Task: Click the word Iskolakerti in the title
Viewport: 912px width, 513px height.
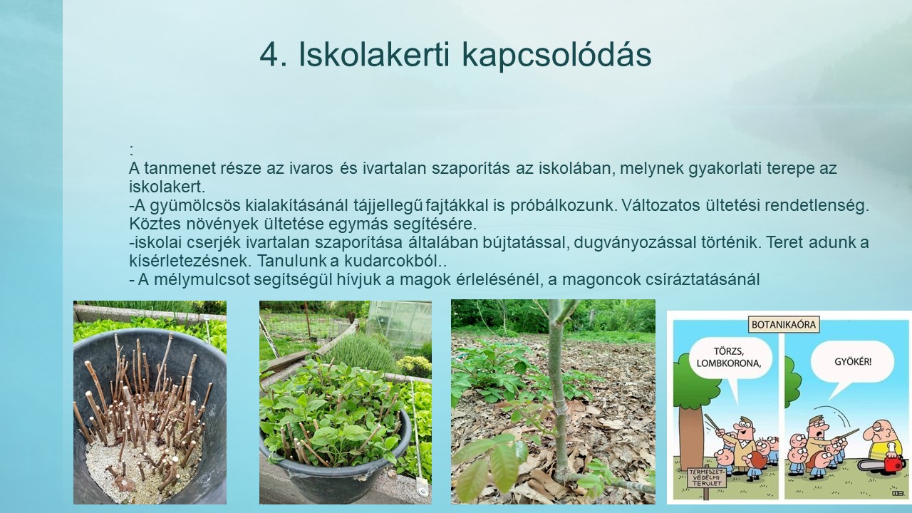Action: [374, 54]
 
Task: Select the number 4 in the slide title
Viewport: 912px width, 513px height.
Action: [269, 55]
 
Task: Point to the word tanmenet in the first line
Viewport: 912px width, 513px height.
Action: [180, 168]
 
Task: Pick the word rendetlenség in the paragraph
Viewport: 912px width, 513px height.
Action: [817, 206]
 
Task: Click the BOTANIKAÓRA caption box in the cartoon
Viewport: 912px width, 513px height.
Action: [784, 325]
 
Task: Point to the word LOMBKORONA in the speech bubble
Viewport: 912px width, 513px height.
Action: [728, 363]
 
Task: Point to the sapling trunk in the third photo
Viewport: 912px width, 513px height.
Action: [557, 391]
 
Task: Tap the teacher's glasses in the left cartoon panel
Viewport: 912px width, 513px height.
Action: [741, 426]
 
